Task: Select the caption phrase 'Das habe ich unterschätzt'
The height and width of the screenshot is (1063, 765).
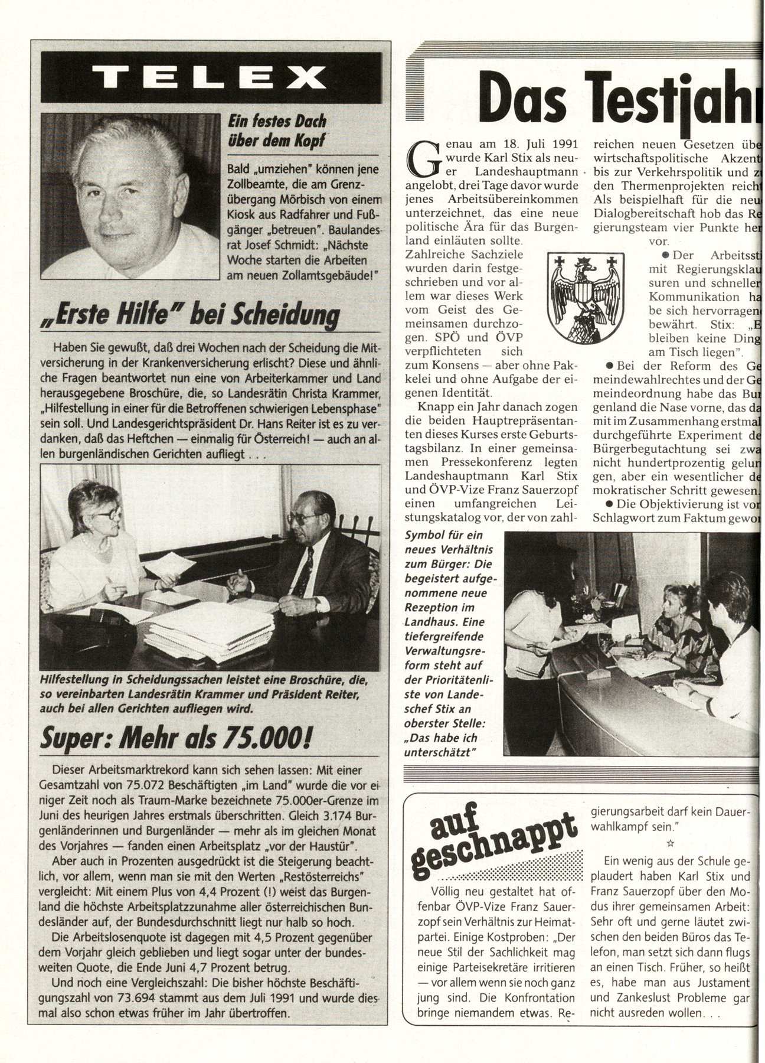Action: pos(440,745)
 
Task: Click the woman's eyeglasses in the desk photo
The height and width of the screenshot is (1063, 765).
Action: pos(109,514)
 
